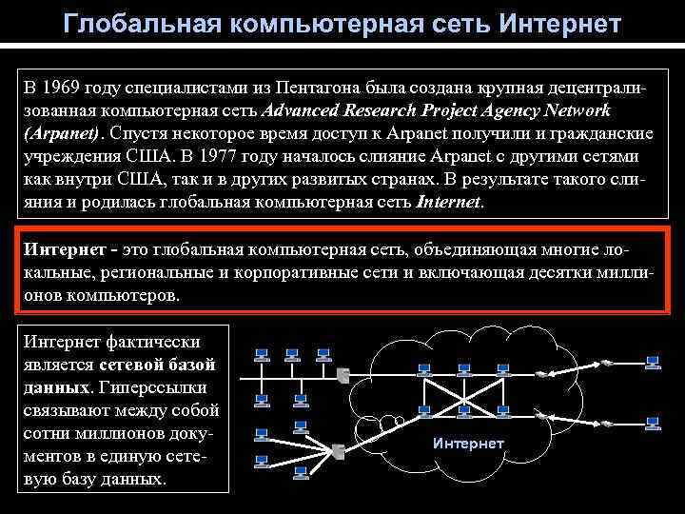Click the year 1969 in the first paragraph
[65, 89]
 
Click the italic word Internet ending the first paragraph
[450, 203]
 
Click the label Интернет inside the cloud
[468, 444]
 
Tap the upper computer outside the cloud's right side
[653, 362]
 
